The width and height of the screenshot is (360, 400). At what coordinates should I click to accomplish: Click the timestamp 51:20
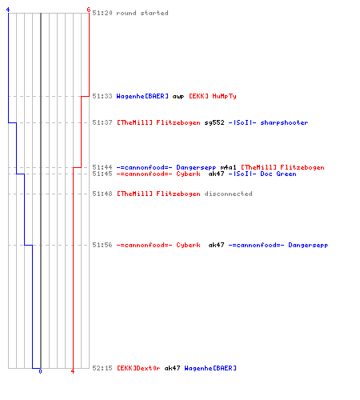(102, 13)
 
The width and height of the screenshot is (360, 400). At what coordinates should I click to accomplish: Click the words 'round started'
(142, 13)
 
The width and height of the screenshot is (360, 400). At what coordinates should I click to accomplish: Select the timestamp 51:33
(102, 96)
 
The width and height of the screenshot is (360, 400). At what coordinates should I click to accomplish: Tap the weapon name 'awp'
(178, 97)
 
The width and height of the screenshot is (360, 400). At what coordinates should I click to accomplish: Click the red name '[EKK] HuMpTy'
(213, 96)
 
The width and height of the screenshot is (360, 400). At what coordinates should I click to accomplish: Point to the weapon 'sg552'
(214, 122)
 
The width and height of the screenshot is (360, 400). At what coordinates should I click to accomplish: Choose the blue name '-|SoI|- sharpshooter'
(268, 122)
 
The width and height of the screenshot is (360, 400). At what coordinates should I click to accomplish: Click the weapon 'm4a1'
(228, 167)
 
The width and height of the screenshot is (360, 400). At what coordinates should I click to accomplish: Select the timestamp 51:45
(102, 174)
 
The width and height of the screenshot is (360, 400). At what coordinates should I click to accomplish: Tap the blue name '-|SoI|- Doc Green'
(262, 174)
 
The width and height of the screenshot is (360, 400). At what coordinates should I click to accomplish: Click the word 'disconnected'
(228, 194)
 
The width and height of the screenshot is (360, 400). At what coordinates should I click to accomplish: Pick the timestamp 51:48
(102, 194)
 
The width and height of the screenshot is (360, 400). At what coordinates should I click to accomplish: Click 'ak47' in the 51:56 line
(216, 245)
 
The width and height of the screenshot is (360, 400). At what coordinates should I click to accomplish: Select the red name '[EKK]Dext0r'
(138, 368)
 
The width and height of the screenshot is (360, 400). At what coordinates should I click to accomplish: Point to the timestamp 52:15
(102, 368)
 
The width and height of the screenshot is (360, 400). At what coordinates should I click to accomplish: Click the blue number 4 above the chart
(8, 10)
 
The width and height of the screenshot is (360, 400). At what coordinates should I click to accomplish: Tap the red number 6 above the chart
(89, 10)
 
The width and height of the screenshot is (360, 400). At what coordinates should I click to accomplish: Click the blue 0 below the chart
(40, 371)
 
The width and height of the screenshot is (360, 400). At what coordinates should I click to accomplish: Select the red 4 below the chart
(73, 371)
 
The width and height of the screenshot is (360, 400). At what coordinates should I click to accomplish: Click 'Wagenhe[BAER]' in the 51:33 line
(142, 96)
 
